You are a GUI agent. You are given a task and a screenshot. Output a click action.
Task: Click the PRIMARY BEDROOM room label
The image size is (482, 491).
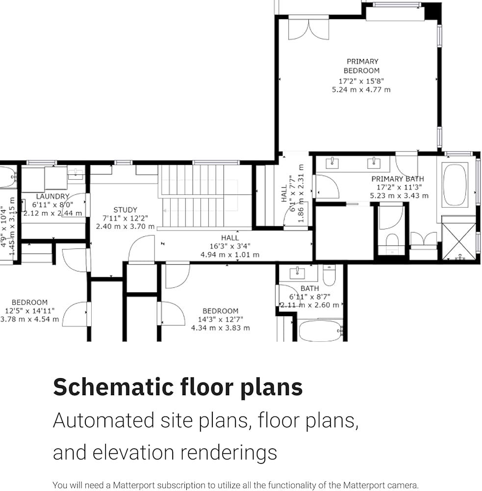pyautogui.click(x=362, y=66)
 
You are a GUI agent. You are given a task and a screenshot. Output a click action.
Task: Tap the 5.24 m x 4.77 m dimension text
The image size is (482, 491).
pyautogui.click(x=361, y=90)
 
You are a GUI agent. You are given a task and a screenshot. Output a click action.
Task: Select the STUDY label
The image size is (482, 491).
pyautogui.click(x=125, y=210)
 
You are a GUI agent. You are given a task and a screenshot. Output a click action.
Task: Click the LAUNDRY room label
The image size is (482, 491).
pyautogui.click(x=52, y=196)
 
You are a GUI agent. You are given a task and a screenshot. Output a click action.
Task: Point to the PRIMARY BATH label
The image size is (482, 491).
pyautogui.click(x=398, y=179)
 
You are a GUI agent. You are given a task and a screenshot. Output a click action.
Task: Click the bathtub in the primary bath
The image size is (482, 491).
pyautogui.click(x=455, y=185)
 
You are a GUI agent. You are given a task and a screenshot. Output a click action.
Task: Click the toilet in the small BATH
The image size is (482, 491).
pyautogui.click(x=329, y=275)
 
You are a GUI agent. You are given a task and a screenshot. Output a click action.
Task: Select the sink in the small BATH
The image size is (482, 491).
pyautogui.click(x=297, y=273)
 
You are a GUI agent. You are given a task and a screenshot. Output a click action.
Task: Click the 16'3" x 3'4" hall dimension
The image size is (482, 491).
pyautogui.click(x=230, y=246)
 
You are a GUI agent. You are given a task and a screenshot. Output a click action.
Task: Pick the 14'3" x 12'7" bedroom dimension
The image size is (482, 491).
pyautogui.click(x=221, y=320)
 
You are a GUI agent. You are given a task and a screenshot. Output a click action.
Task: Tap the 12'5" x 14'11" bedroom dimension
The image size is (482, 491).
pyautogui.click(x=30, y=311)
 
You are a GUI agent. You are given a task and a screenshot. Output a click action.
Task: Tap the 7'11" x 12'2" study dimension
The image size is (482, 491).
pyautogui.click(x=125, y=218)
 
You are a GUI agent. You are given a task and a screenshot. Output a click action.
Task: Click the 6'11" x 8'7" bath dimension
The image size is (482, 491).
pyautogui.click(x=310, y=297)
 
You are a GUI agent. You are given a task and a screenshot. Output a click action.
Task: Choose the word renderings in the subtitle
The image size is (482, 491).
pyautogui.click(x=229, y=453)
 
